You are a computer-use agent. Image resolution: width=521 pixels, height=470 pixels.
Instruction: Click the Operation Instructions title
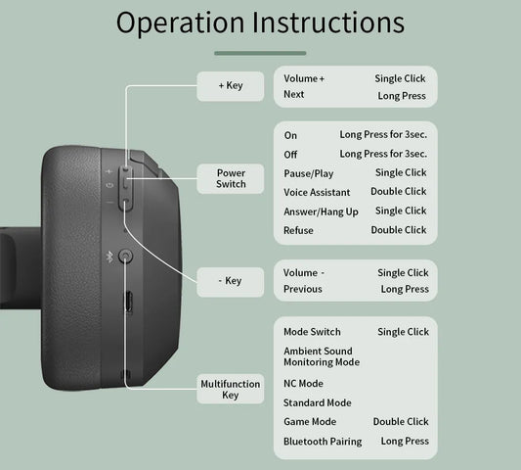click(260, 23)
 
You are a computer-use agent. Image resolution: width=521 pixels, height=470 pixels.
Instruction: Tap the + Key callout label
click(231, 85)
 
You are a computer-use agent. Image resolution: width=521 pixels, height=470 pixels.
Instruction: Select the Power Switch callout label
click(231, 177)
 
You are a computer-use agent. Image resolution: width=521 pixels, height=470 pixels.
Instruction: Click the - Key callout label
click(231, 281)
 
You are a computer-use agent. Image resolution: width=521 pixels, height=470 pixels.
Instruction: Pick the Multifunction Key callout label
click(231, 389)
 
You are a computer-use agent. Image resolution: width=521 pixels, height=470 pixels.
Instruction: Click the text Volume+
click(304, 77)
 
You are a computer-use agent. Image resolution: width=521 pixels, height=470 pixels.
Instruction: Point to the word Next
click(294, 95)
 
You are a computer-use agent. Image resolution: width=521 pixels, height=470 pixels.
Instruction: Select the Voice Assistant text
click(317, 192)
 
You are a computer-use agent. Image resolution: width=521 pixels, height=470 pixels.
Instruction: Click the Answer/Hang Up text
click(321, 211)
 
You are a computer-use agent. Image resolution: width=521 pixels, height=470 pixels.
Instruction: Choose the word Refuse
click(298, 230)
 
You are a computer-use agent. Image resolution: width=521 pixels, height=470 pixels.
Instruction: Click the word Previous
click(302, 289)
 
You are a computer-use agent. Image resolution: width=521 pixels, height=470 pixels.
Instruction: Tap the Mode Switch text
click(312, 332)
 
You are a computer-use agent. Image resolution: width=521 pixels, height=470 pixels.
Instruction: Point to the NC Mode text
click(303, 383)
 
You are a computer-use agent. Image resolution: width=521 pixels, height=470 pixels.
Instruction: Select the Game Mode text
click(309, 422)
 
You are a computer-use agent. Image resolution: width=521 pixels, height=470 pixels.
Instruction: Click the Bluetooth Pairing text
click(323, 442)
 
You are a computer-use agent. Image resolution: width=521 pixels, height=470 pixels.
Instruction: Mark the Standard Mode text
click(317, 402)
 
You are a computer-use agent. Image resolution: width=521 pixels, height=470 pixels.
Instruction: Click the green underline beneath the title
click(260, 53)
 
